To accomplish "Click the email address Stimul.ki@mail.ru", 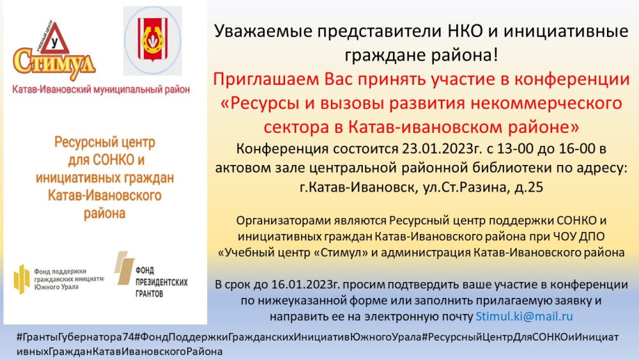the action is click(524, 317).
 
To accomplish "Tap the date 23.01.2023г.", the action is click(442, 149).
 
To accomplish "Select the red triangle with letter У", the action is click(55, 39).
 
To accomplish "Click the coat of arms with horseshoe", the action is click(153, 40).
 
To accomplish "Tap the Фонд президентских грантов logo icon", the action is click(124, 267).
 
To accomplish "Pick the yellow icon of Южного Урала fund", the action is click(22, 279).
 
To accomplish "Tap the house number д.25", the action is click(528, 187).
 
